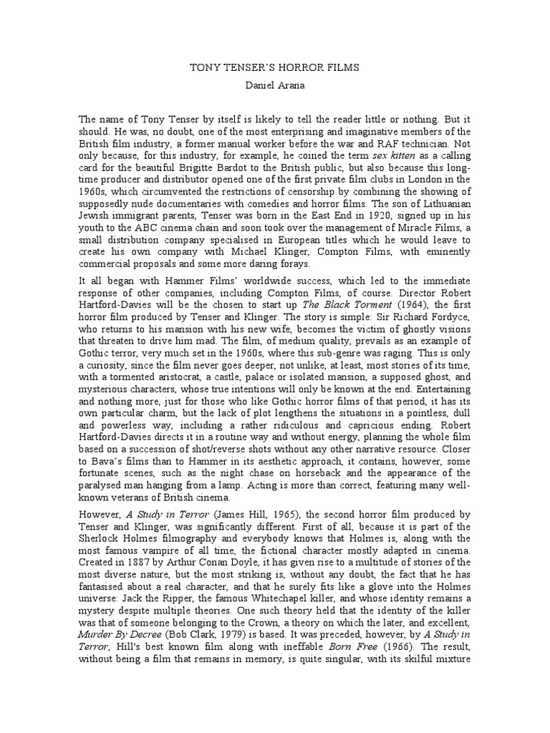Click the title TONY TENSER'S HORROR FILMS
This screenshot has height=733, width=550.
point(274,67)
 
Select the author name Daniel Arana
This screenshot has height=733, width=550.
point(274,85)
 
